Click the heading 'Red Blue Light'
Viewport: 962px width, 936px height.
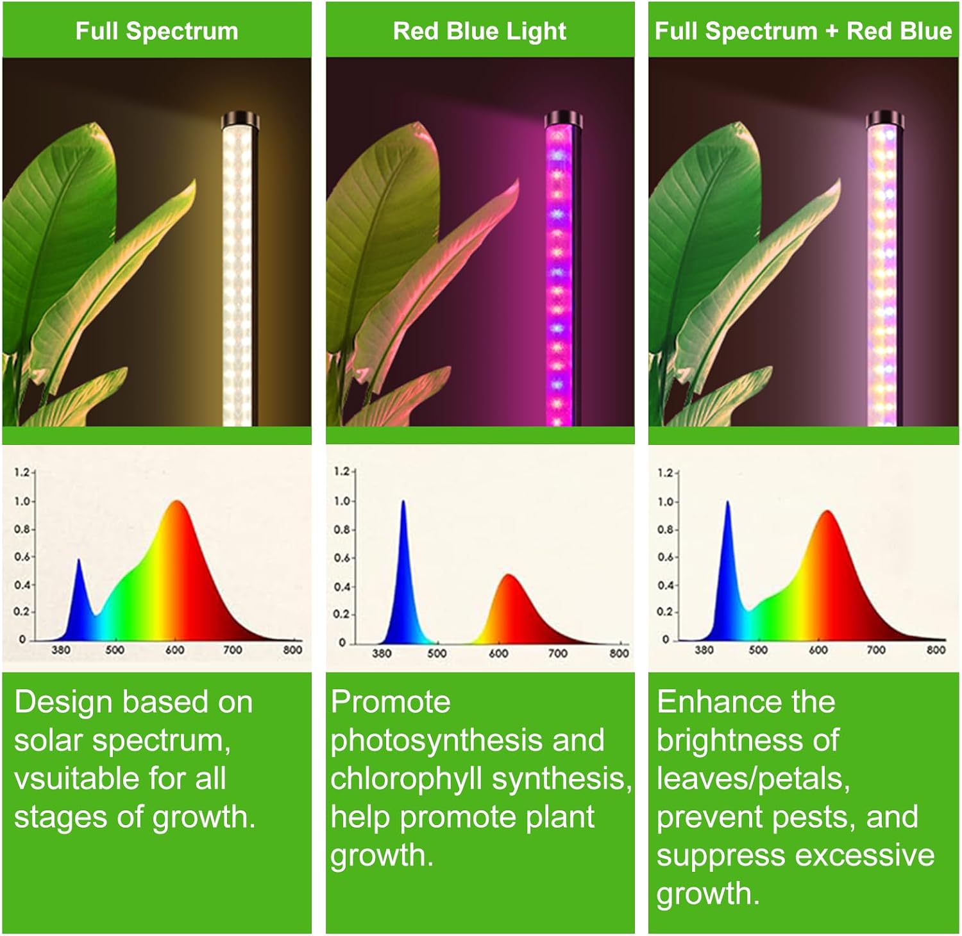coord(480,31)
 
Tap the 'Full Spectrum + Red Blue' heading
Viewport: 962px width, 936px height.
coord(803,31)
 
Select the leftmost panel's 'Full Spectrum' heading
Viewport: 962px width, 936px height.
coord(156,31)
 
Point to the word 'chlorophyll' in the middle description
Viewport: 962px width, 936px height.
coord(406,778)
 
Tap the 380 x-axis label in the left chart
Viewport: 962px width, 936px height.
coord(61,650)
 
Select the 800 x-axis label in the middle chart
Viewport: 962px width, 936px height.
coord(619,653)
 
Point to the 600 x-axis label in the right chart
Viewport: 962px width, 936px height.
coord(818,650)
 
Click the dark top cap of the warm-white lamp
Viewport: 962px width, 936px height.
coord(239,120)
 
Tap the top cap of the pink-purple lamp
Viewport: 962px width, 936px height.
coord(563,120)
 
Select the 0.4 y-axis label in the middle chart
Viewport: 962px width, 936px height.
coord(342,587)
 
